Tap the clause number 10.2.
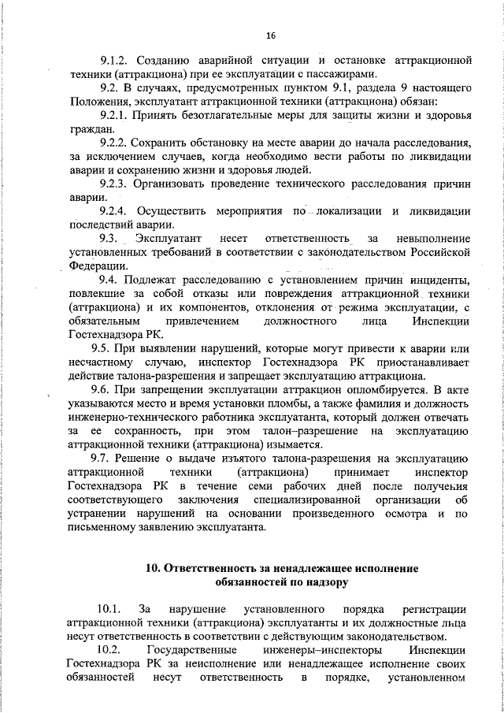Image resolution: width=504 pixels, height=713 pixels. click(x=110, y=650)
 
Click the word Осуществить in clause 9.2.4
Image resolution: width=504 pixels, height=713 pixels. click(x=172, y=211)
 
